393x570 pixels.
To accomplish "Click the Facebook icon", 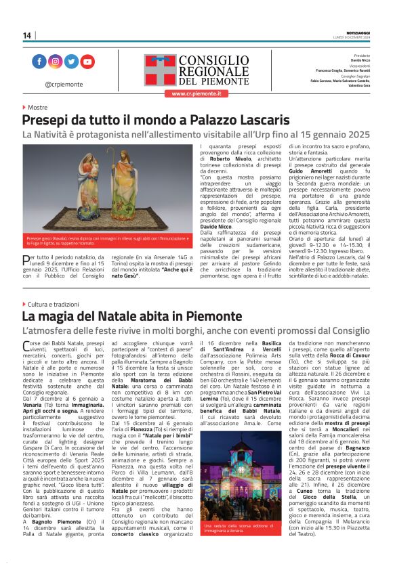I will pyautogui.click(x=39, y=62).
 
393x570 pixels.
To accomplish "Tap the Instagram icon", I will pyautogui.click(x=55, y=62).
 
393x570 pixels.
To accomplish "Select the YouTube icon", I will pyautogui.click(x=87, y=62).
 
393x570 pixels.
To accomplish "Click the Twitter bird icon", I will pyautogui.click(x=71, y=62).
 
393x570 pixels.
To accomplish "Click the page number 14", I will pyautogui.click(x=27, y=35).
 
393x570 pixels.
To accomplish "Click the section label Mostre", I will pyautogui.click(x=37, y=108).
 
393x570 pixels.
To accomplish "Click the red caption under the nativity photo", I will pyautogui.click(x=108, y=240).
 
